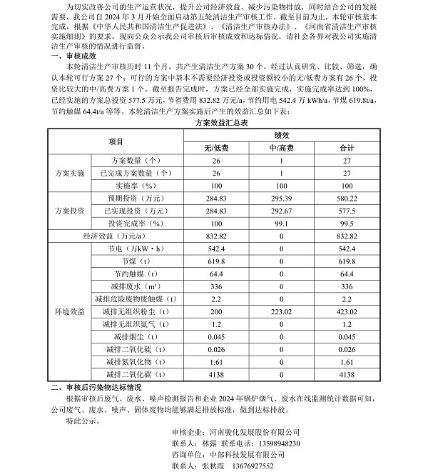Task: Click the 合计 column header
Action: click(347, 148)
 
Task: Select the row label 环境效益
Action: click(70, 312)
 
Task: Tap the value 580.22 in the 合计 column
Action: click(347, 199)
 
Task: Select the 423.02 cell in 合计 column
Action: click(347, 312)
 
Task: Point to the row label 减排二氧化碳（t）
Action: click(133, 374)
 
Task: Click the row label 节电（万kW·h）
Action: click(133, 248)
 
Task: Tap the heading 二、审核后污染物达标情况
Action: click(108, 386)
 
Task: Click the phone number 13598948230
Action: click(275, 443)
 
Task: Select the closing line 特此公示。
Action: click(83, 422)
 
